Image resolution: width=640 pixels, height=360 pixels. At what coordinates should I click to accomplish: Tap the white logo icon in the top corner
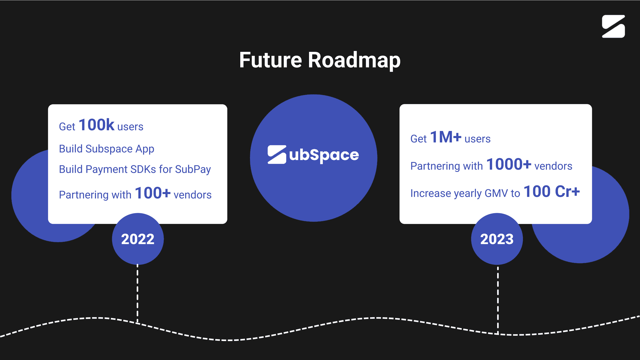click(x=613, y=26)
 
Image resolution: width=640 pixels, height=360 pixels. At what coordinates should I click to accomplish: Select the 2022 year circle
click(x=138, y=239)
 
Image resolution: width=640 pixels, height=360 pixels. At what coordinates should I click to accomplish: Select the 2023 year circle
click(x=497, y=239)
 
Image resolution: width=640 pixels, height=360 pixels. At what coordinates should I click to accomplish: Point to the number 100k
click(x=97, y=125)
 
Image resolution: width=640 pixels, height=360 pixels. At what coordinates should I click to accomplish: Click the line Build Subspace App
click(x=107, y=149)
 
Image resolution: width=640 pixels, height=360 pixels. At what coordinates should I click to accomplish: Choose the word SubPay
click(x=193, y=169)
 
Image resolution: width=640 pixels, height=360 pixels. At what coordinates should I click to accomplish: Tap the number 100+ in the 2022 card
click(x=153, y=193)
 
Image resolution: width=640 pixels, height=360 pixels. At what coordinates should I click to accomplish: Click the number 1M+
click(x=446, y=137)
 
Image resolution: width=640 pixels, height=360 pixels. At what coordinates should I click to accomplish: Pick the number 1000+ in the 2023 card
click(x=509, y=164)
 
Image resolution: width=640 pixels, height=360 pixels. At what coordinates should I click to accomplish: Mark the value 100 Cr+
click(x=552, y=191)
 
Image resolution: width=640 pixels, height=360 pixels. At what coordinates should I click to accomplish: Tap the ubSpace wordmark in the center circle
click(x=324, y=155)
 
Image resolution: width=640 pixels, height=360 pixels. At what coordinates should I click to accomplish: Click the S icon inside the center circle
click(x=277, y=154)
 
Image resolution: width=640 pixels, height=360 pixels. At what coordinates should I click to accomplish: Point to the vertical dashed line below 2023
click(x=498, y=300)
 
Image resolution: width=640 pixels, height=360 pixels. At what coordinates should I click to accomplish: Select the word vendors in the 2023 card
click(x=553, y=166)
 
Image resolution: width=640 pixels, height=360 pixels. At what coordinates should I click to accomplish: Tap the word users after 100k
click(x=130, y=127)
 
